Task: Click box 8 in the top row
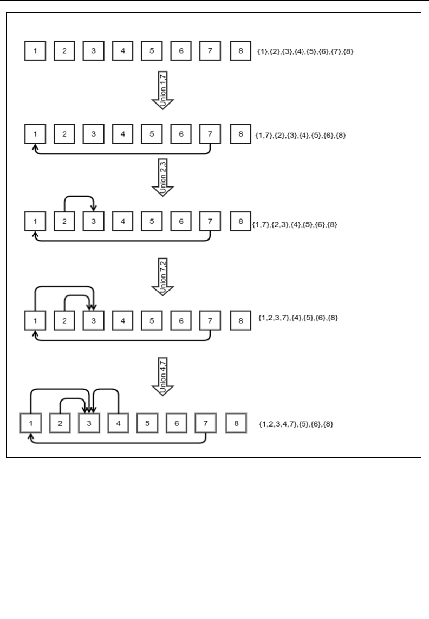[239, 51]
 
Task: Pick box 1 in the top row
[35, 51]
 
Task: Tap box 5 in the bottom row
[147, 423]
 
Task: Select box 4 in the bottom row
[118, 423]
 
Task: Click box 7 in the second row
[210, 134]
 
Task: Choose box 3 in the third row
[93, 222]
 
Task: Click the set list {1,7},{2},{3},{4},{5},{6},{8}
[300, 135]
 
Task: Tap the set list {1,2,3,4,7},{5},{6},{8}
[296, 424]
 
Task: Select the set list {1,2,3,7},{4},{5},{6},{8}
[298, 317]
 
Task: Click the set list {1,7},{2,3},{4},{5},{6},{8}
[295, 224]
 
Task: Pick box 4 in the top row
[122, 51]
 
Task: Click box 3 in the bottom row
[88, 423]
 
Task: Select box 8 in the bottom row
[235, 423]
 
